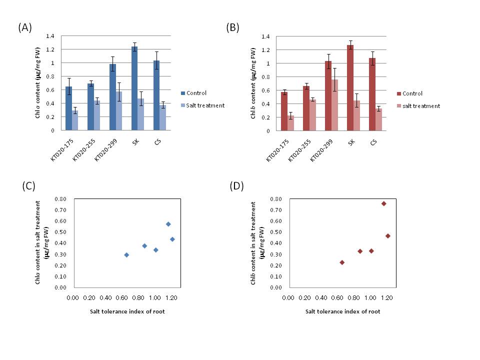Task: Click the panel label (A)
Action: point(25,28)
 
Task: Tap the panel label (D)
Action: point(236,186)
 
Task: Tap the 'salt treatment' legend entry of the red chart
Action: point(418,106)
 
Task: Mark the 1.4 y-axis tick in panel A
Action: point(50,36)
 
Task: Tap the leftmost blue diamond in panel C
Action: point(126,255)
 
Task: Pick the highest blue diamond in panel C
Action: point(168,224)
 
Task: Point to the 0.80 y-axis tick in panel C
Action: point(61,199)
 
